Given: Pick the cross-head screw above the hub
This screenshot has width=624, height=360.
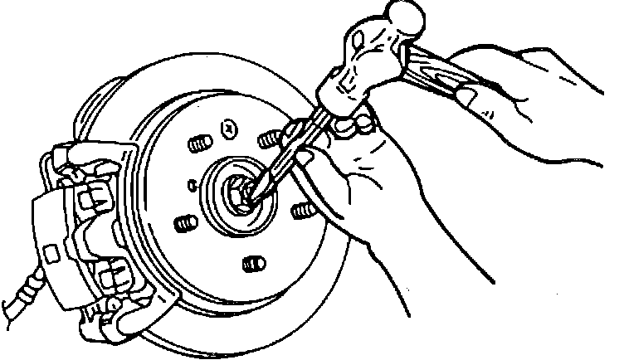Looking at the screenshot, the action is pos(228,126).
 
